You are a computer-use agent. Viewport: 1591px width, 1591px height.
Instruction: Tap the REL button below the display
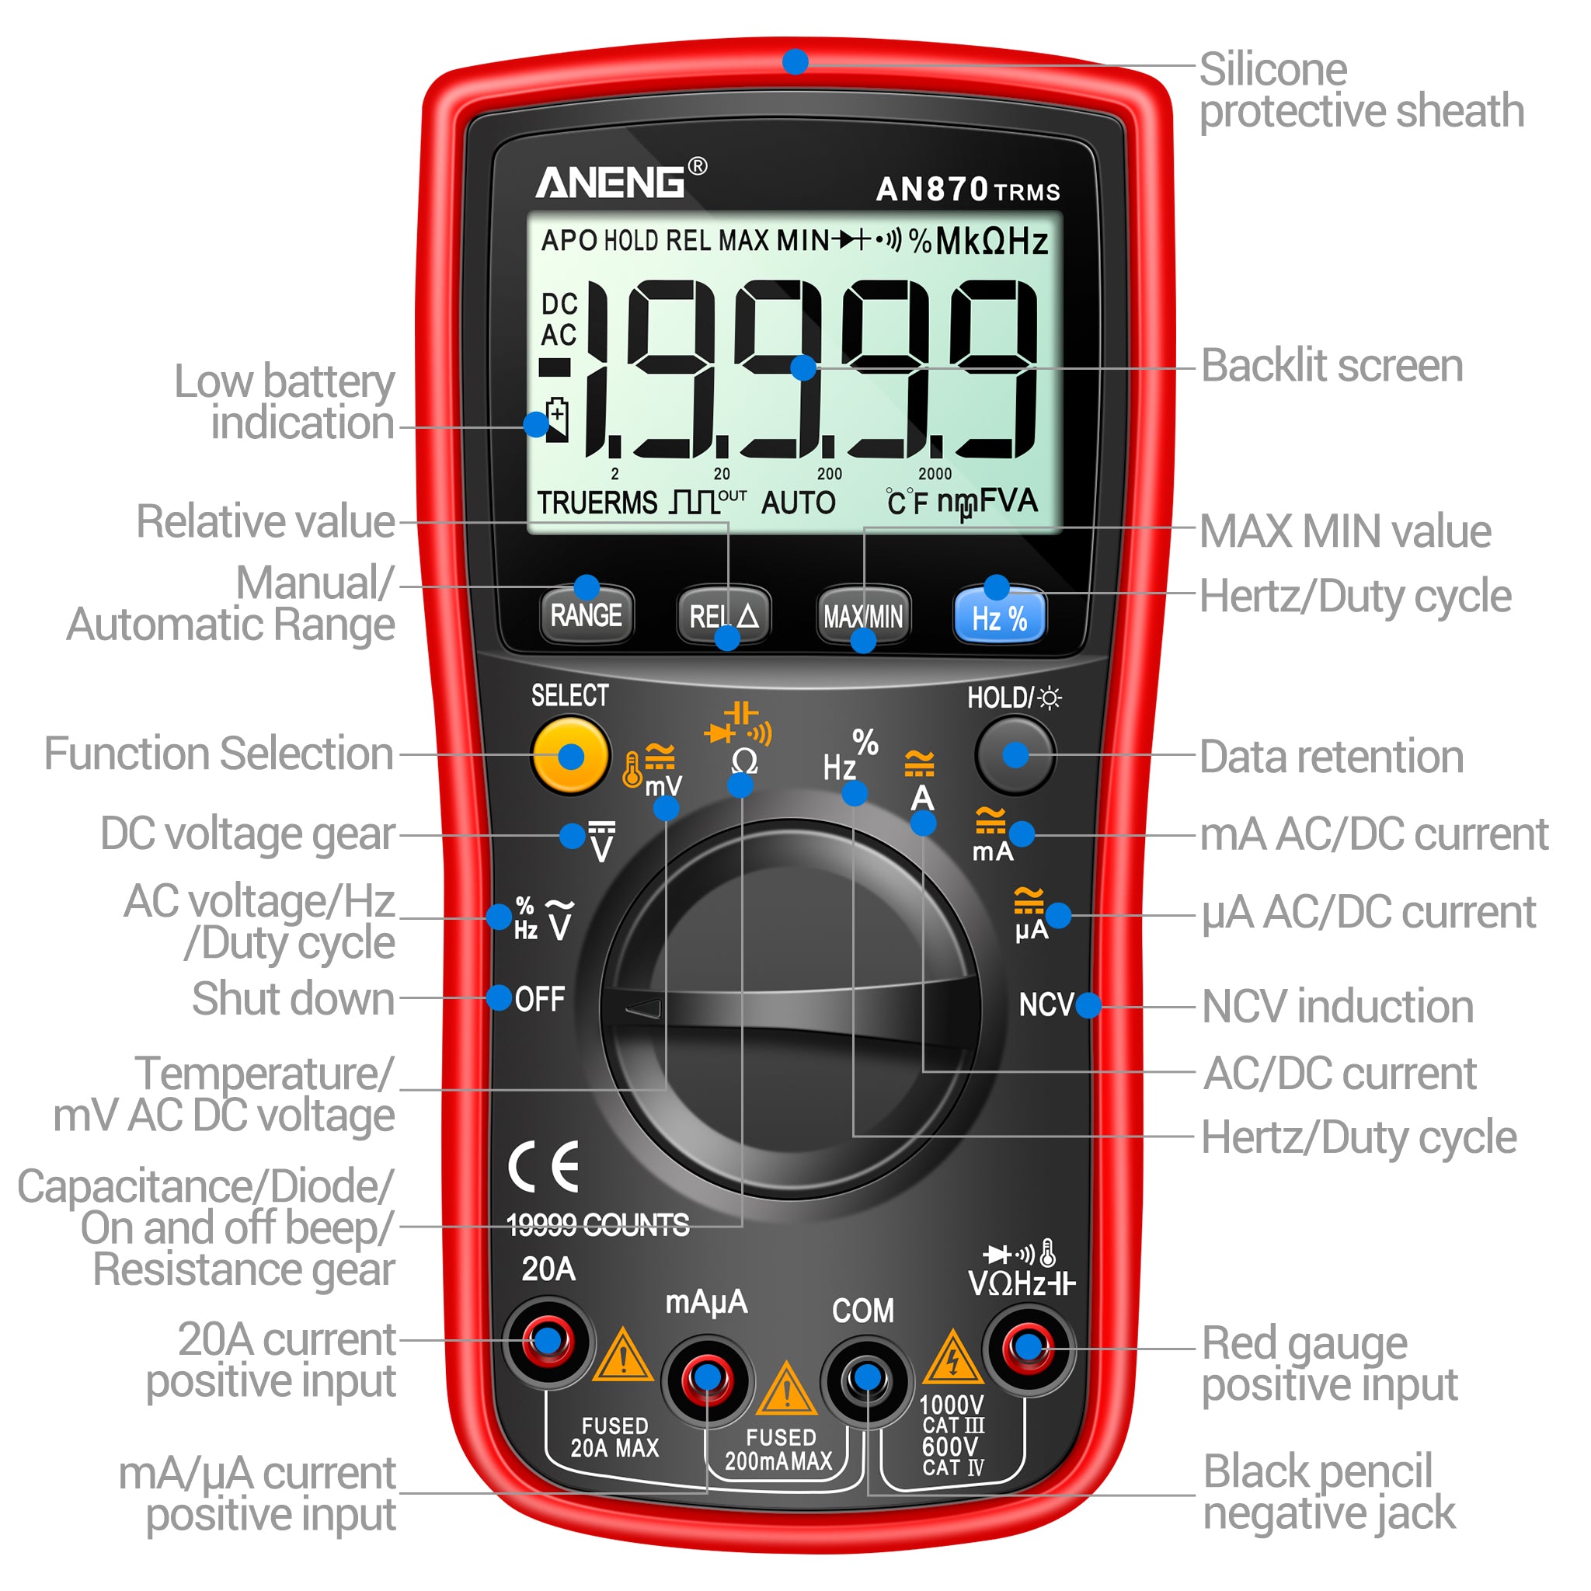click(x=724, y=615)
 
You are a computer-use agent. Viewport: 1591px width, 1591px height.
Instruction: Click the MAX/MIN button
click(x=863, y=615)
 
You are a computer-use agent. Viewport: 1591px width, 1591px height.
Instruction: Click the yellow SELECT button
click(x=571, y=755)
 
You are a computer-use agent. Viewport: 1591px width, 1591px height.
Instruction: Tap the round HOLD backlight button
click(x=1015, y=754)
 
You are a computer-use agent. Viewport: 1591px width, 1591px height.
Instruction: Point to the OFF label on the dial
click(x=540, y=999)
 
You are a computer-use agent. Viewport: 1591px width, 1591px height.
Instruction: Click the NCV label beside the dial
click(x=1046, y=1004)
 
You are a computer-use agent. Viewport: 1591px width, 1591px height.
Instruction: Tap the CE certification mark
click(x=544, y=1167)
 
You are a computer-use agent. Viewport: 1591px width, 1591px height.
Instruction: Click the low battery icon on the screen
click(x=558, y=420)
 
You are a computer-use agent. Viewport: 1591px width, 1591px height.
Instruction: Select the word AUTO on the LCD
click(x=798, y=503)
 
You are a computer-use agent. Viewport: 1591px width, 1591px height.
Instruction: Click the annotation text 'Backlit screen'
click(x=1332, y=366)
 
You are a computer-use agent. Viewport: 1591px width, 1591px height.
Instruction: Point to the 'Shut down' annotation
click(x=293, y=999)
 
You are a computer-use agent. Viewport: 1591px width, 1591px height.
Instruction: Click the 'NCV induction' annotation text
click(x=1338, y=1006)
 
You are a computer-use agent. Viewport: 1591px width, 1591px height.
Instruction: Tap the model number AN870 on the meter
click(x=931, y=189)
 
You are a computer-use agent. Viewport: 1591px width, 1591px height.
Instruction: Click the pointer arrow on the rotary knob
click(x=644, y=1007)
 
